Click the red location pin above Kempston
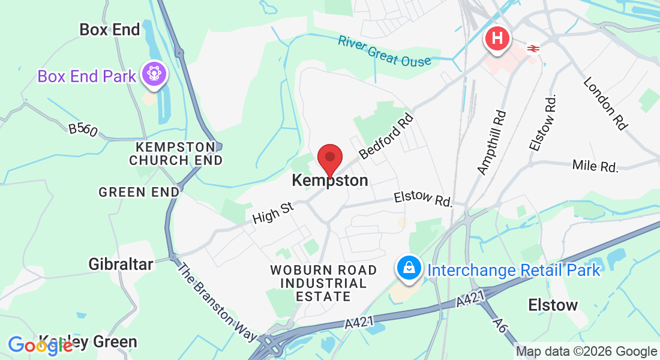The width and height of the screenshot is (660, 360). point(329,158)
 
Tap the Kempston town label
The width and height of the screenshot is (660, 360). point(329,180)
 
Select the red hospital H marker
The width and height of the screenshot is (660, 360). point(497,39)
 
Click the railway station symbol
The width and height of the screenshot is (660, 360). point(532,49)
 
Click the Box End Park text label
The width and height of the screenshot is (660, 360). point(87,76)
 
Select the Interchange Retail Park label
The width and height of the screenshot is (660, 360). point(514,270)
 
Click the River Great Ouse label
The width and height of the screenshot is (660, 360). point(384,51)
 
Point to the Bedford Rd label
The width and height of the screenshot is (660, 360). point(387,136)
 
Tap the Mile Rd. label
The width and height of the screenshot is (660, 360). point(595,166)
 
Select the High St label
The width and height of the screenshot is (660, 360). point(273,211)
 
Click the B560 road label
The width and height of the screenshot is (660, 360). point(83,130)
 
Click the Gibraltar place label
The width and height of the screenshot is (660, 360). point(121,263)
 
